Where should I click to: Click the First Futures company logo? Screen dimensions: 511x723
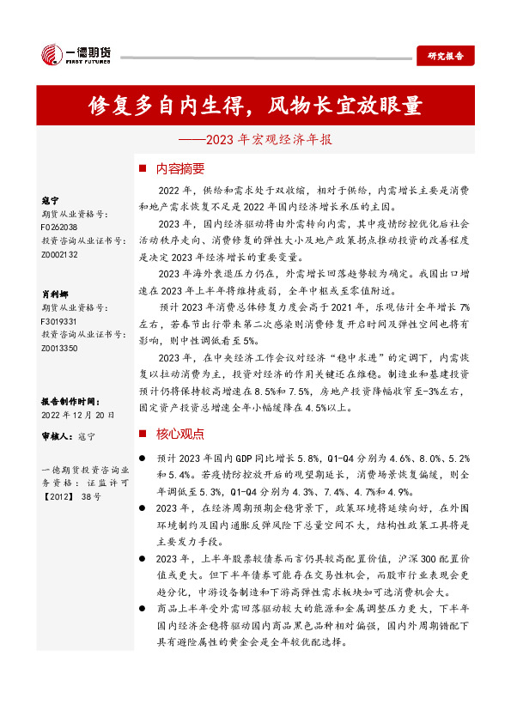click(75, 55)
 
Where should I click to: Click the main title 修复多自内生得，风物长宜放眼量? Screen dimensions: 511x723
click(256, 105)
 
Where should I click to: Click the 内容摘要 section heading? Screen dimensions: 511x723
click(180, 168)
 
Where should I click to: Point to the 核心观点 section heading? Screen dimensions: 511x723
click(180, 434)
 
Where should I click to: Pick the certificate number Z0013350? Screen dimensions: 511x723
click(59, 349)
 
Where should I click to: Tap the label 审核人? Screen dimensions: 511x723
click(57, 436)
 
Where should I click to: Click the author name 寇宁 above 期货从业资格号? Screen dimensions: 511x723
click(50, 198)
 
